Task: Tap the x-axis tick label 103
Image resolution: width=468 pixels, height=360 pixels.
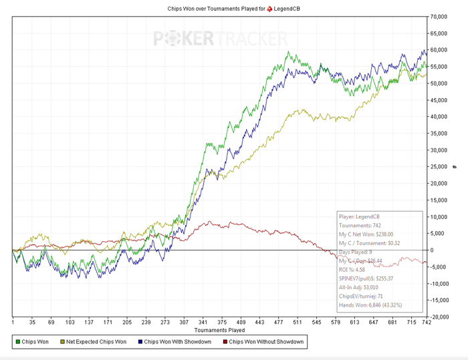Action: (70, 323)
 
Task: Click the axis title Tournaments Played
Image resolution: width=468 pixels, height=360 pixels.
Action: (219, 330)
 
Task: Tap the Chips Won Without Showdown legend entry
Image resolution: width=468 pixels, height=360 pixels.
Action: (266, 342)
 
